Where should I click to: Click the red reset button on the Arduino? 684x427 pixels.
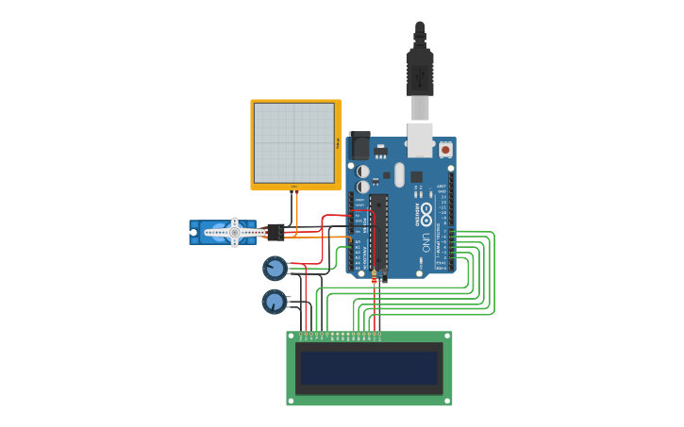(x=445, y=149)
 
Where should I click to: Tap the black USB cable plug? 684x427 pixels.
(x=420, y=71)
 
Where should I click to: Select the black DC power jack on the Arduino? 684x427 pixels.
(x=359, y=146)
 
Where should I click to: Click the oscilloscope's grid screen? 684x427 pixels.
(x=294, y=142)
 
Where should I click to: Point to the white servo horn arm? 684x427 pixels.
(x=235, y=232)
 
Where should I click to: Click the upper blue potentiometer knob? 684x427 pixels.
(x=275, y=269)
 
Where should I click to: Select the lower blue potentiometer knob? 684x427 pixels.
(x=274, y=302)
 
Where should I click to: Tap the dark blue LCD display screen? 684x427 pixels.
(x=369, y=368)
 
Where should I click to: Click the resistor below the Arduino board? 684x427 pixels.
(x=375, y=280)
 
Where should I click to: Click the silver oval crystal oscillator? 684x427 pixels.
(x=399, y=174)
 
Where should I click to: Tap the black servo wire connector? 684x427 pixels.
(x=275, y=232)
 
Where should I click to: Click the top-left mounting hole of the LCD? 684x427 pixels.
(x=292, y=337)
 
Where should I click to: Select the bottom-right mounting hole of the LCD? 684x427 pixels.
(x=447, y=401)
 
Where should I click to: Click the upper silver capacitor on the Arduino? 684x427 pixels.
(x=362, y=172)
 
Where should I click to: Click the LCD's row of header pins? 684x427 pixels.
(x=340, y=335)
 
